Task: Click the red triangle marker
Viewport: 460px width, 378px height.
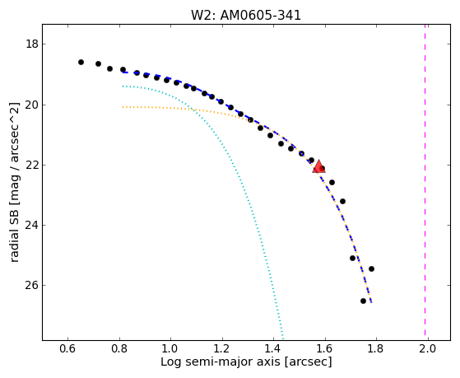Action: coord(318,166)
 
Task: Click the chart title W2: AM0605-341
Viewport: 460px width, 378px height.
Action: coord(246,16)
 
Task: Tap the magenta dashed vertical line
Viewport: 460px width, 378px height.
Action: coord(425,182)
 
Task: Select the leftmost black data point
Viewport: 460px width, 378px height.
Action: coord(81,62)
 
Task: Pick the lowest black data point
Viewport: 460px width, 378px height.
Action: coord(363,301)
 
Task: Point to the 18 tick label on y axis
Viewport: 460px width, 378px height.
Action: coord(32,44)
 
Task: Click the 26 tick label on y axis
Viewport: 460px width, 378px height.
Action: coord(32,285)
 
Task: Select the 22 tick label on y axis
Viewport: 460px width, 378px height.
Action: coord(32,165)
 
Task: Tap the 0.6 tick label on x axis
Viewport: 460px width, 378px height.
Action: coord(67,349)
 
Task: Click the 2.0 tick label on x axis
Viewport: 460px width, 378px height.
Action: coord(428,349)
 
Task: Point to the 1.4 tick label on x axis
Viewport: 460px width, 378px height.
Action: coord(273,349)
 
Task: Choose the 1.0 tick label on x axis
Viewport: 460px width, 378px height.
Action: coord(170,349)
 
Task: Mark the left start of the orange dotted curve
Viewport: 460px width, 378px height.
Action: coord(123,107)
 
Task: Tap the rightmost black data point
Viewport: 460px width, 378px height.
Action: coord(371,268)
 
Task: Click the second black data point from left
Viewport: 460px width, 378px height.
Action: coord(98,63)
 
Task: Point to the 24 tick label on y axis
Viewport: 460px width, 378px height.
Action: coord(32,226)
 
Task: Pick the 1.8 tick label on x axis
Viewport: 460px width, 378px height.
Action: coord(376,349)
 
